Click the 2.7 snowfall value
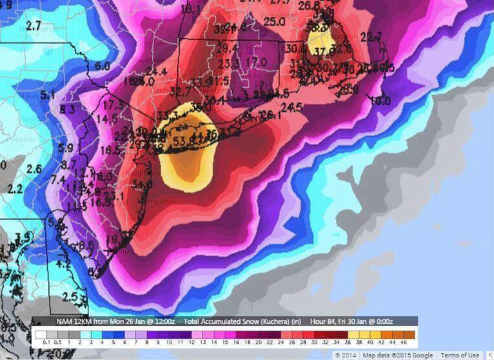(34, 26)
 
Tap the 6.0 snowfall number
(102, 66)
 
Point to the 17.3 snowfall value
(113, 105)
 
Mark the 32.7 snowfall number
(180, 92)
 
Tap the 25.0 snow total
(274, 22)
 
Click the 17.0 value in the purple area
(256, 62)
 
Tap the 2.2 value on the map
(14, 188)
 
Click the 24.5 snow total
(291, 107)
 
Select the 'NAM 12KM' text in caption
(72, 321)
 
